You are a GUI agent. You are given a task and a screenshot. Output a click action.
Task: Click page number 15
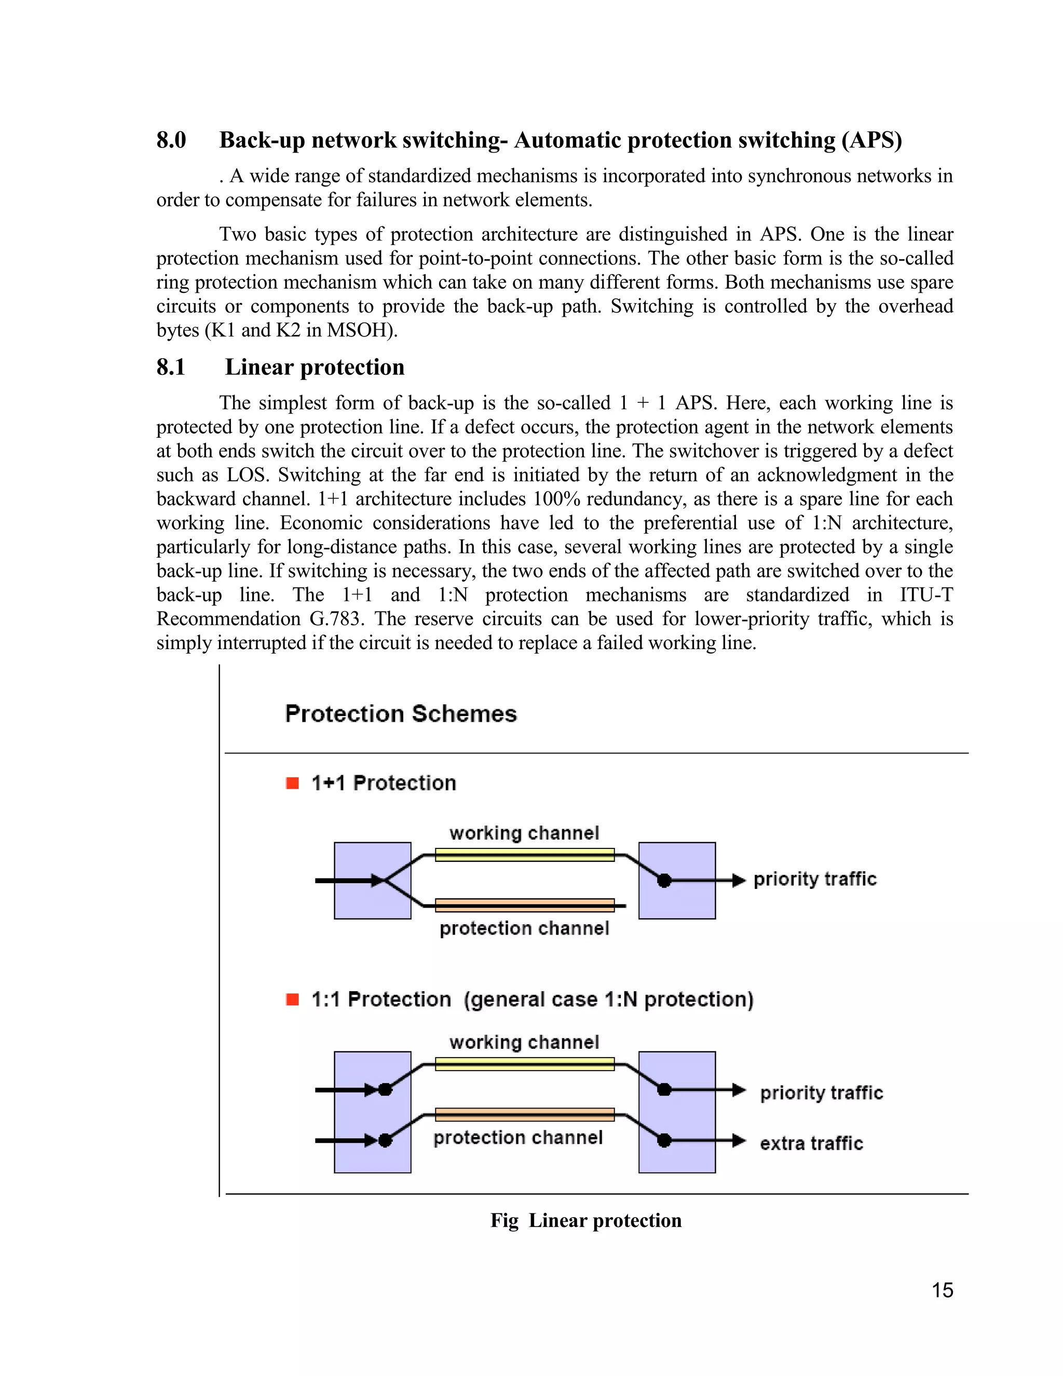942,1290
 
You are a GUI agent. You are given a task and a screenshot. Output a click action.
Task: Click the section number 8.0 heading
171,140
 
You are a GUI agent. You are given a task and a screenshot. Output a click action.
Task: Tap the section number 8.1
171,367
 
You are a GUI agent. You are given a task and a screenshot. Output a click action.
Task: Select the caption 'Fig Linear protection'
585,1220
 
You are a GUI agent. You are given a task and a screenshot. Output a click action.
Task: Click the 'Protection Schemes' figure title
401,714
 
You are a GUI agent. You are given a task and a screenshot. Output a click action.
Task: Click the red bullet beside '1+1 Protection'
292,783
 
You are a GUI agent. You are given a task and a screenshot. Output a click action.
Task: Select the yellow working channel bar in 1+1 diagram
525,855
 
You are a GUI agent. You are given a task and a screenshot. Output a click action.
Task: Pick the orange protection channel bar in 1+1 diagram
525,906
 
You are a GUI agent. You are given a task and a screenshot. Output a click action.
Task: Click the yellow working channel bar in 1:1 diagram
525,1064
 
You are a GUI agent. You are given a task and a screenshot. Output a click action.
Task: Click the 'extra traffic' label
811,1143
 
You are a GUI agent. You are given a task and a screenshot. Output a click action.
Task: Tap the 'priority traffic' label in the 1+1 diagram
815,879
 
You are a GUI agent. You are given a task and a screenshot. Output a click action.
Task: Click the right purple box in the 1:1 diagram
677,1112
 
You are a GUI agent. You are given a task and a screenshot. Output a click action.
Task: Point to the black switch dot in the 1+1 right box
664,881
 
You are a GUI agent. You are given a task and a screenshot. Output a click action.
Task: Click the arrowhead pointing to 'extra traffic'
739,1140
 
